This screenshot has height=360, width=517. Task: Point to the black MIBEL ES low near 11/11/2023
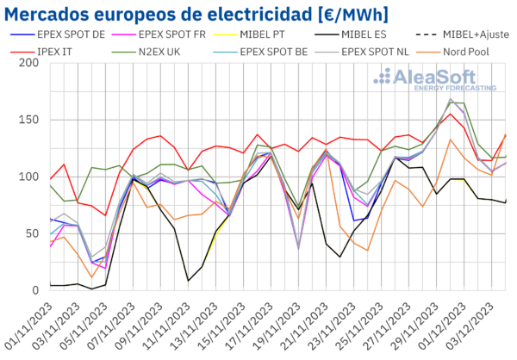pos(188,281)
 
